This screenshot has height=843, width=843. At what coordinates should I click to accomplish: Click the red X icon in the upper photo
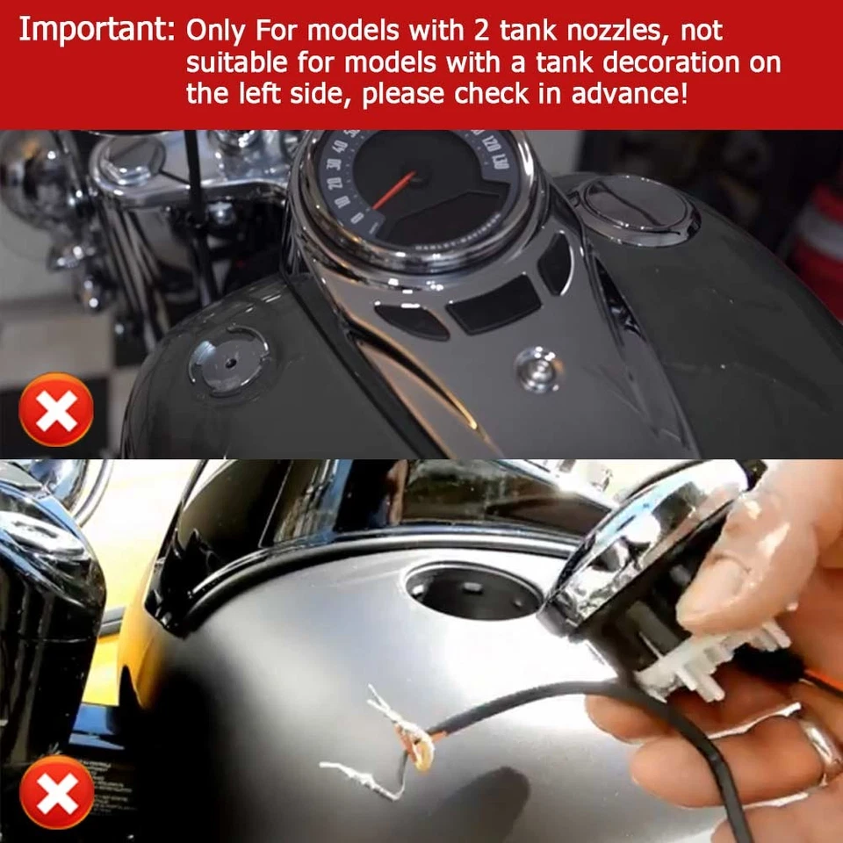coord(56,410)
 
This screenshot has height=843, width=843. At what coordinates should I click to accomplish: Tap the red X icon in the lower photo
coord(56,792)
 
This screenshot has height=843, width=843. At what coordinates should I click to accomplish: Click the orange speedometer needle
coord(393,191)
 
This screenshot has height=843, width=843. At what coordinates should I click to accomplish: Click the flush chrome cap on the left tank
coord(228,359)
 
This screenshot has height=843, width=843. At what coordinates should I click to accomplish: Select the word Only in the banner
coord(217,32)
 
